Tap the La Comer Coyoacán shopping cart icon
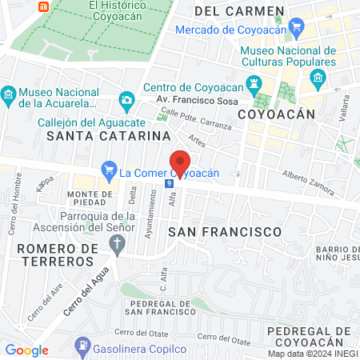[109, 171]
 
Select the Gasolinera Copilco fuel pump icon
[81, 346]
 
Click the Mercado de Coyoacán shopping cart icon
[297, 30]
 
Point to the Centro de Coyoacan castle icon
[255, 82]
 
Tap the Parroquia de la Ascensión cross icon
[118, 243]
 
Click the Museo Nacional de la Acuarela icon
[9, 94]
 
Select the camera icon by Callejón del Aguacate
[126, 99]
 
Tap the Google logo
[26, 350]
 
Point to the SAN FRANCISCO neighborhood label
[226, 231]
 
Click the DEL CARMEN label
[239, 11]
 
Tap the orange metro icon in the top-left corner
[45, 5]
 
